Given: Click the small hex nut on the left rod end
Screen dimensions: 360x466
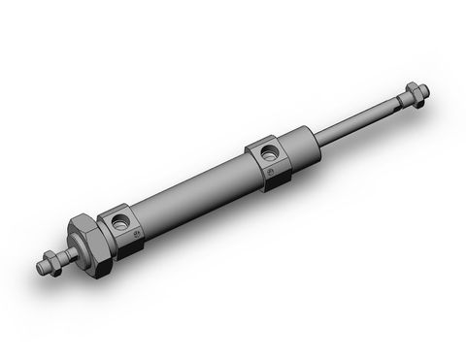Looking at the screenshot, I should [x=52, y=265].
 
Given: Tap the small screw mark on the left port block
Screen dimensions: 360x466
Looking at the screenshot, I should [x=137, y=234].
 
